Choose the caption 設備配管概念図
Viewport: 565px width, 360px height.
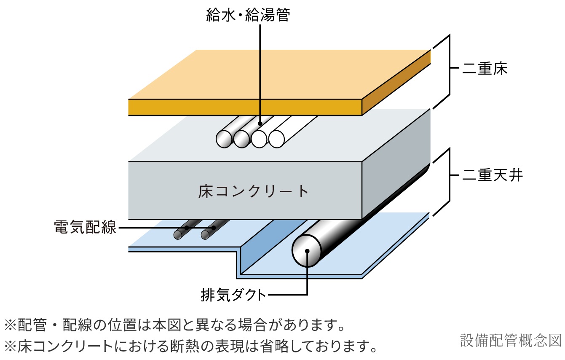pyautogui.click(x=511, y=340)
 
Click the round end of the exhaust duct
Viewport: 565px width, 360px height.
pyautogui.click(x=307, y=251)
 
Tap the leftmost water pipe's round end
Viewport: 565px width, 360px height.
pyautogui.click(x=224, y=139)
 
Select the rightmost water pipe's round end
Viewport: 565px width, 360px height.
pyautogui.click(x=276, y=139)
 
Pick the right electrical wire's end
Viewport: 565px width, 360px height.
pyautogui.click(x=206, y=234)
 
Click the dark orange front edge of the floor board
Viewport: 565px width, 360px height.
pyautogui.click(x=244, y=107)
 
